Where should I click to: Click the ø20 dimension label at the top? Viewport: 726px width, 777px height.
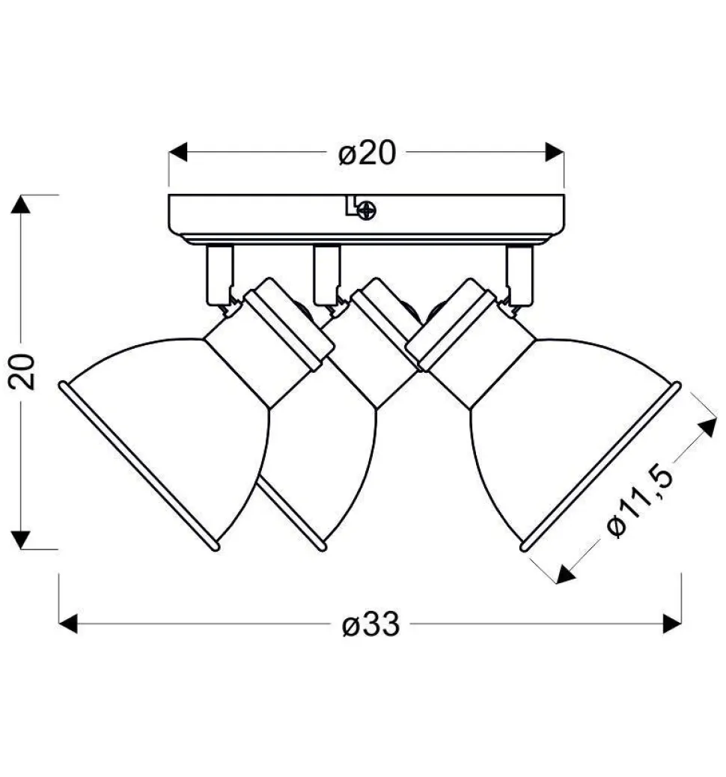(367, 153)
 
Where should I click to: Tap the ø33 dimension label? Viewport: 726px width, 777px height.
(370, 624)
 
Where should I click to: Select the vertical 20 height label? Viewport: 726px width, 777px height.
(22, 371)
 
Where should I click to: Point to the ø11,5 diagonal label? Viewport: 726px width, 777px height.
(640, 500)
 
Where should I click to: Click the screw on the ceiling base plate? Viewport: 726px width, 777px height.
(366, 210)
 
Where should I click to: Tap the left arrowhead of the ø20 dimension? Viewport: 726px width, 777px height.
(178, 152)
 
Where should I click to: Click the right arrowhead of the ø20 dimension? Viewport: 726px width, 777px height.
(555, 152)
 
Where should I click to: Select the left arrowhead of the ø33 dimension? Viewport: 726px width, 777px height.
(68, 624)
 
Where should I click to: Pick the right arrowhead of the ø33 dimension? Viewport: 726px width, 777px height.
(672, 624)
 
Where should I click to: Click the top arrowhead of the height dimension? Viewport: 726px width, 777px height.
(20, 204)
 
